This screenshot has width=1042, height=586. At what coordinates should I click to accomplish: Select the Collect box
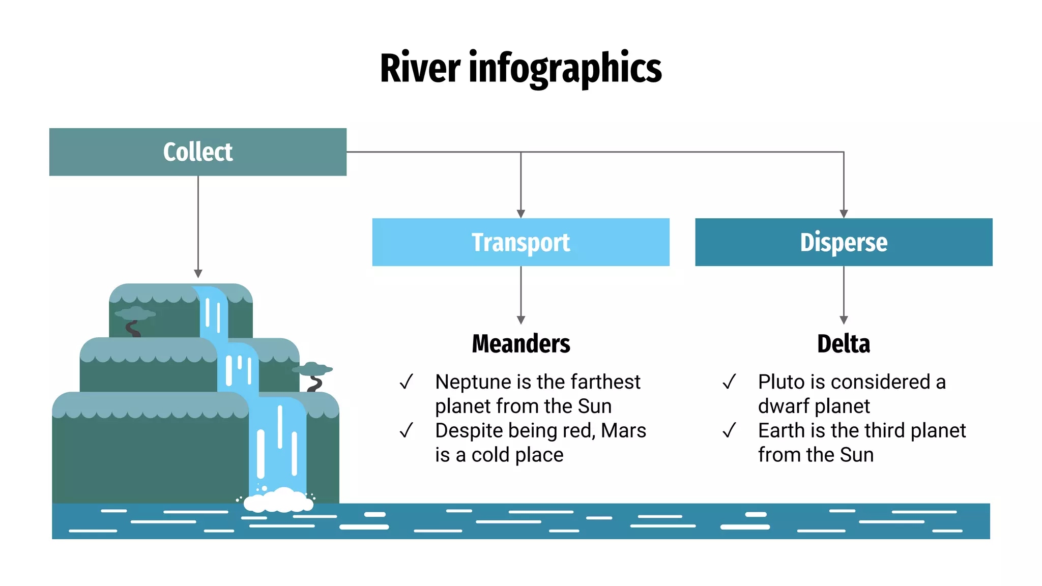tap(198, 152)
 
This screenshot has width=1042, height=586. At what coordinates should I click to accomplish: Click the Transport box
tap(520, 242)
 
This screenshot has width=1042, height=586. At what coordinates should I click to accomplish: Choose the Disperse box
tap(844, 242)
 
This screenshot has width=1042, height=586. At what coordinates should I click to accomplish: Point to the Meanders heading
tap(521, 344)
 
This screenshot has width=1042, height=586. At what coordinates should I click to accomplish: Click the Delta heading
tap(844, 344)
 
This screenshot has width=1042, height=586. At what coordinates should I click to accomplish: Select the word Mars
tap(623, 431)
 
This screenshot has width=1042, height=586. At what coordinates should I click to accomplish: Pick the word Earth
tap(782, 431)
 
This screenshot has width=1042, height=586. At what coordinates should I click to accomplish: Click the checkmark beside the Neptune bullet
tap(406, 382)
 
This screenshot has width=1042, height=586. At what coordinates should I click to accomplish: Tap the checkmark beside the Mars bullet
tap(406, 430)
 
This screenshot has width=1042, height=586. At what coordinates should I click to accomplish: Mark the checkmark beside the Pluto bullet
tap(729, 382)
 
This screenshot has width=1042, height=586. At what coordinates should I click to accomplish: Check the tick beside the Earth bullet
tap(729, 430)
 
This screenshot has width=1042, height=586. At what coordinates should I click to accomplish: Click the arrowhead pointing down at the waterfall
tap(198, 274)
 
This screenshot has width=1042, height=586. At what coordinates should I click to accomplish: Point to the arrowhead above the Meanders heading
tap(520, 320)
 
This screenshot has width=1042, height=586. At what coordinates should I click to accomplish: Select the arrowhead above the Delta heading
tap(844, 320)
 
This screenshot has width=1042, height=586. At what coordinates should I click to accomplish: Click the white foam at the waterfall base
tap(279, 501)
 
